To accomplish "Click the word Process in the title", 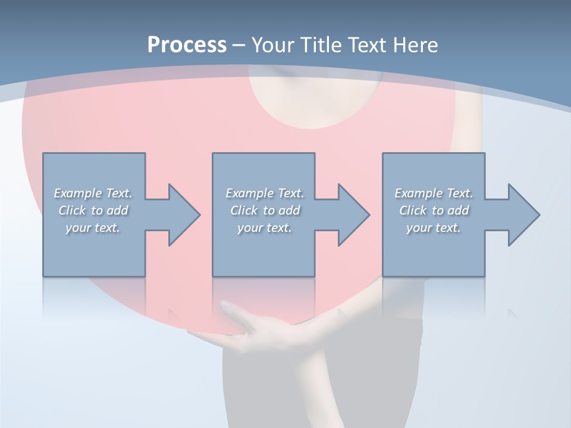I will click(187, 45).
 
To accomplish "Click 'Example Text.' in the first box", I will click(93, 193).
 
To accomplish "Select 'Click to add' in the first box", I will click(93, 210).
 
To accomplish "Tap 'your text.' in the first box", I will click(93, 228).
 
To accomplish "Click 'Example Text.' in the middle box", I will click(265, 193).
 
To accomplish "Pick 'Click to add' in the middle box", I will click(265, 210).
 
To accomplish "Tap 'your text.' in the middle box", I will click(265, 228).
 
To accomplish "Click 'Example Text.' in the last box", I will click(434, 193).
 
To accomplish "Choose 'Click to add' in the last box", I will click(434, 210).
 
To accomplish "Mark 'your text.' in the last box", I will click(434, 228).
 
